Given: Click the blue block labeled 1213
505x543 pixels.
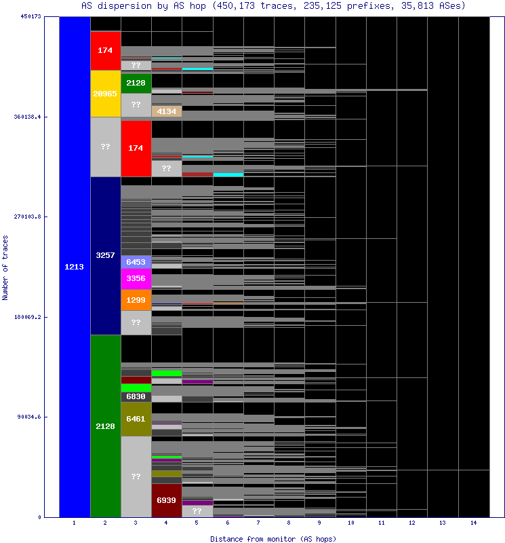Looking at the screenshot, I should [x=75, y=267].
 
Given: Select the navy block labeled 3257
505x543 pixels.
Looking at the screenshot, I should [x=105, y=255].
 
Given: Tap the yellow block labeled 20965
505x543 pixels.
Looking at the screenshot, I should [x=105, y=94].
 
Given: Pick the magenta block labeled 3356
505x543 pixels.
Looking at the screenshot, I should [x=136, y=278].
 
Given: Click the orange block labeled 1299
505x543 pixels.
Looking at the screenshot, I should [x=136, y=299].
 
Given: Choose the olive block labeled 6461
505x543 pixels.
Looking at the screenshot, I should [x=136, y=419].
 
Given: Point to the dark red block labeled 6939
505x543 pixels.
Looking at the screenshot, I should [x=166, y=500].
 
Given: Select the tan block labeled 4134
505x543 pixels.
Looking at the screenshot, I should [x=166, y=111].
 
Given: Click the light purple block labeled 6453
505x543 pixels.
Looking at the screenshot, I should [x=136, y=262].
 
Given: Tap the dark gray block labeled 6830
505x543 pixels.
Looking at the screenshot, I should [x=136, y=396].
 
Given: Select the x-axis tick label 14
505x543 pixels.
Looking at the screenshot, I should [x=473, y=523].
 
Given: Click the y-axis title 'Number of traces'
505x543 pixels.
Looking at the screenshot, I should [x=6, y=267].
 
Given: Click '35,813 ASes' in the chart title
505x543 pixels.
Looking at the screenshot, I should [x=441, y=5].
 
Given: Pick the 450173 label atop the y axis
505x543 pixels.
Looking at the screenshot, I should [x=31, y=16].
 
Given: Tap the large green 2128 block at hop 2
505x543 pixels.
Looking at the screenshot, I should [x=105, y=426].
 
